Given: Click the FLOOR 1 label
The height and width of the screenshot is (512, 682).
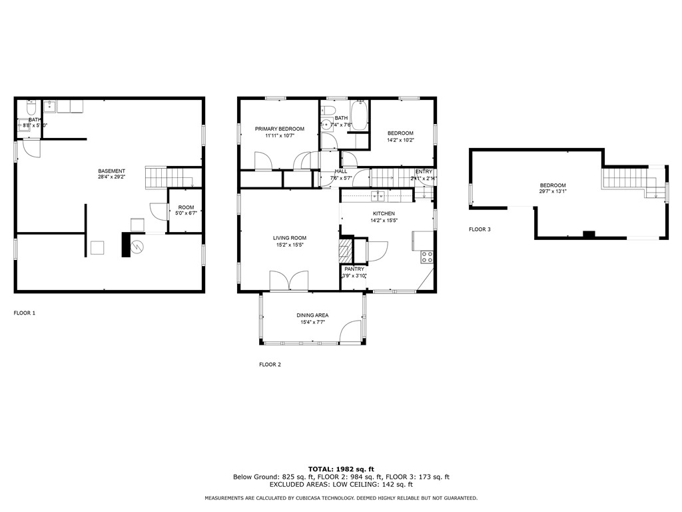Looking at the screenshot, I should pyautogui.click(x=25, y=313).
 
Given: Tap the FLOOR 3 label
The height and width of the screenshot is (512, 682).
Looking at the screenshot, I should pyautogui.click(x=480, y=229).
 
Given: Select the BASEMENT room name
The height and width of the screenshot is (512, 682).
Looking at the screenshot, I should pyautogui.click(x=111, y=171).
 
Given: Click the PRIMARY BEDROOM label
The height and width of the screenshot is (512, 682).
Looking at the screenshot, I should pyautogui.click(x=279, y=129).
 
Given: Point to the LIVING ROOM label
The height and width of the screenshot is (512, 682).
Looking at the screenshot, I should pyautogui.click(x=289, y=238).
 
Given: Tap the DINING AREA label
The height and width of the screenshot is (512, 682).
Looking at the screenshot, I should pyautogui.click(x=312, y=315).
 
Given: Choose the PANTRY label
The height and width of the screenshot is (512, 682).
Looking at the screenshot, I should pyautogui.click(x=354, y=269).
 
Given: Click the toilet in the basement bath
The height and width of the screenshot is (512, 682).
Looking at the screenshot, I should pyautogui.click(x=30, y=107).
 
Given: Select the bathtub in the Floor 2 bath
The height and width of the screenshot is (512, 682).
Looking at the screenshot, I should pyautogui.click(x=360, y=115).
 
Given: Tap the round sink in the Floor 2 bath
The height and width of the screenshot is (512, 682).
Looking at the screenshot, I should pyautogui.click(x=326, y=124).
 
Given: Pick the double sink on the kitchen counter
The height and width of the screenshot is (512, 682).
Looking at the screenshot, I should pyautogui.click(x=378, y=196).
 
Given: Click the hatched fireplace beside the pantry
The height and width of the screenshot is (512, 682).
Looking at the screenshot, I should pyautogui.click(x=344, y=251).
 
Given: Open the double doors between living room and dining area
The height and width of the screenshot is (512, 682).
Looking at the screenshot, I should pyautogui.click(x=289, y=281).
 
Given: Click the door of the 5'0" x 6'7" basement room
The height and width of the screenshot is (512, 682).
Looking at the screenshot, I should pyautogui.click(x=159, y=211).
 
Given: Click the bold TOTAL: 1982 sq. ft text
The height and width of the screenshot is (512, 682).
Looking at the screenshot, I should pyautogui.click(x=341, y=469).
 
